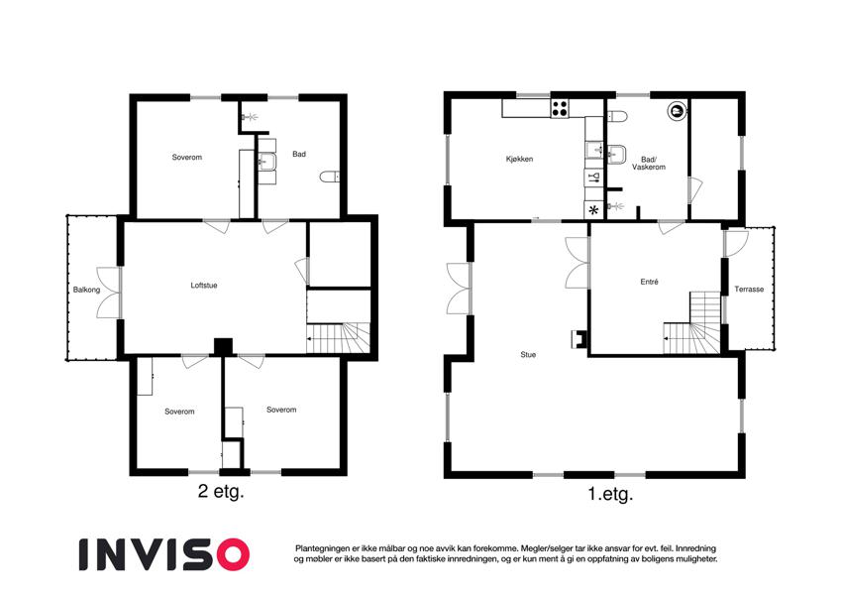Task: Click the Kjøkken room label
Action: point(519,159)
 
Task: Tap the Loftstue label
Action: point(204,286)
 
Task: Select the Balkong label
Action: point(86,290)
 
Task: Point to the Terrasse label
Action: point(749,289)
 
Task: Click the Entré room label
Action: point(649,282)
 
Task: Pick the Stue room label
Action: point(528,354)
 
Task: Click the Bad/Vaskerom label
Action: point(649,164)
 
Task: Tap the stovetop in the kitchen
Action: point(560,109)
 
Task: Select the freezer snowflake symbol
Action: point(593,210)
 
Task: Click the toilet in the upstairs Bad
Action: point(329,177)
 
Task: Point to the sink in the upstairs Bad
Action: point(266,161)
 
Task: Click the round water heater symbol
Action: point(676,111)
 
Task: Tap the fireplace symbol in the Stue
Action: point(578,338)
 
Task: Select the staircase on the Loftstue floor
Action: point(339,337)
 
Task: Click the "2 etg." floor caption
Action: point(221,491)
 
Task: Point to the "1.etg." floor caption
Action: point(610,494)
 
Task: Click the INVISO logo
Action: point(164,554)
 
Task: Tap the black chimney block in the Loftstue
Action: point(223,346)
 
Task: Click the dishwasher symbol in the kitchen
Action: point(593,178)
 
